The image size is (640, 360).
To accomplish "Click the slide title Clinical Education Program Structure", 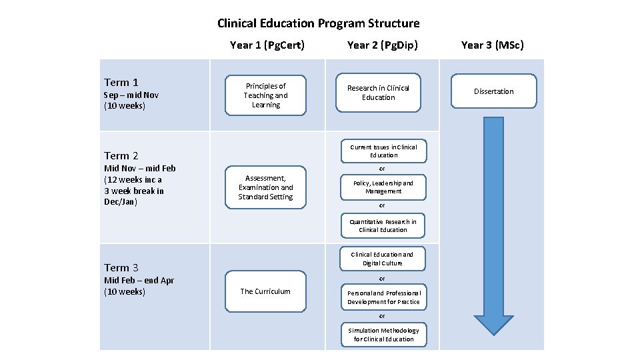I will [319, 23].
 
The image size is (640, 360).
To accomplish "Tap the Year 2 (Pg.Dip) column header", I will [379, 45].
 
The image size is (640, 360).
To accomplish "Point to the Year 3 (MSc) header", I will [493, 45].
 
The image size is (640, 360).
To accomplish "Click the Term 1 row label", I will [121, 83].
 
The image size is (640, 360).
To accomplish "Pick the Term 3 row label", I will [121, 268].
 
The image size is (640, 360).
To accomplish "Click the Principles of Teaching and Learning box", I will [266, 95].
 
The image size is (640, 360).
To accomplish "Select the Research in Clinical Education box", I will [379, 93].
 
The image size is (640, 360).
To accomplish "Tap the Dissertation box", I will [494, 91].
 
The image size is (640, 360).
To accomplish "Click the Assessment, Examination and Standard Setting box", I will [265, 187].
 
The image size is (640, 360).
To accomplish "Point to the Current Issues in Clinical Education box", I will [383, 151].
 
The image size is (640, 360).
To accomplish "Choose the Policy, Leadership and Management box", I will [383, 187].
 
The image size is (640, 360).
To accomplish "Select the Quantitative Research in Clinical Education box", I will [383, 226].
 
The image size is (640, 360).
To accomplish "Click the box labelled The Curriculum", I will [265, 291].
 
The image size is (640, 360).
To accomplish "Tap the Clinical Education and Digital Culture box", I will [382, 259].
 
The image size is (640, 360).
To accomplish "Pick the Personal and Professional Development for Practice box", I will [383, 297].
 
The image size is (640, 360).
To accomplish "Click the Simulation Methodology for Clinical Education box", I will [383, 335].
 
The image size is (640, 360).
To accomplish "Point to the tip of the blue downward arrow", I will [494, 333].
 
